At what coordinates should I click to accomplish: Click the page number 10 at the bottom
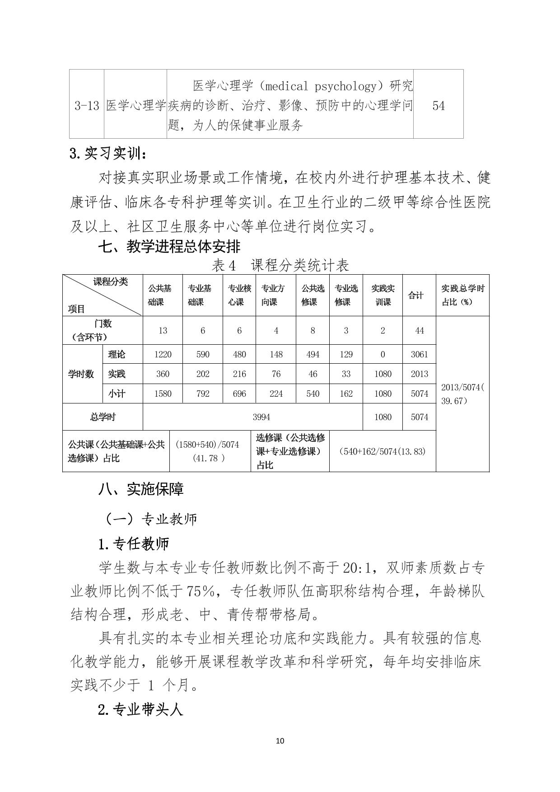[280, 740]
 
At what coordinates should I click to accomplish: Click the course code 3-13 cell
[86, 106]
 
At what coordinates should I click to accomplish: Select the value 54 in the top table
[438, 106]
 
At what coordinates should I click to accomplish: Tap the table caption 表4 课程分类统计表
[280, 265]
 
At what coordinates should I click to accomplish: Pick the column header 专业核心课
[239, 295]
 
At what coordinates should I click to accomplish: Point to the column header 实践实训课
[383, 295]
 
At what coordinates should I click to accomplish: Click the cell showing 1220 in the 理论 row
[163, 354]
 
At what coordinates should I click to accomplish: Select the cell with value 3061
[419, 354]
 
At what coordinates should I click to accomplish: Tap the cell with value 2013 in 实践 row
[419, 374]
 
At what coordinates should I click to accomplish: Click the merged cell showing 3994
[252, 417]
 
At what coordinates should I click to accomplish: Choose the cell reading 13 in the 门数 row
[163, 331]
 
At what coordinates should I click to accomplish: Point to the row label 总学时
[103, 417]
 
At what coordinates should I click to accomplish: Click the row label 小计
[117, 394]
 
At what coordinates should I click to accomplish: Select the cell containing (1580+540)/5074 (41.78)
[210, 451]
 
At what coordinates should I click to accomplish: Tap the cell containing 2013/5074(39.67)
[462, 394]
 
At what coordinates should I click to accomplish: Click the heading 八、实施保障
[141, 489]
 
